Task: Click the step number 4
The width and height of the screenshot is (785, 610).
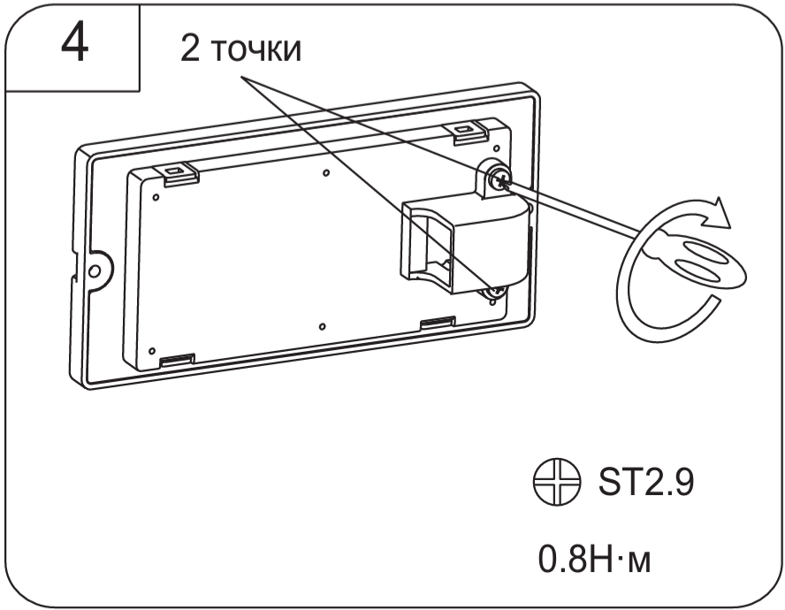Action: pos(74,43)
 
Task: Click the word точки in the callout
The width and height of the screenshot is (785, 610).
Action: pos(256,50)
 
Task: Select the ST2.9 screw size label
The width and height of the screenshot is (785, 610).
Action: pos(646,483)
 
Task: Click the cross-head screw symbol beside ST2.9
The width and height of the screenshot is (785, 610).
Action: pos(557,482)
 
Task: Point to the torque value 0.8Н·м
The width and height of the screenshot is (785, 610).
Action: pos(595,559)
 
